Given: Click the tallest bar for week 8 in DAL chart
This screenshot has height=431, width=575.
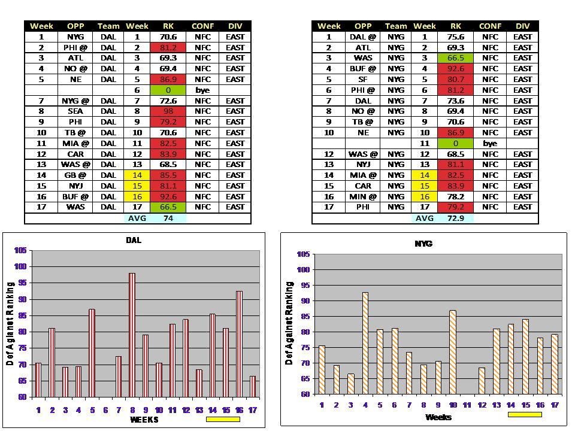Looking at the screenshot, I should point(132,335).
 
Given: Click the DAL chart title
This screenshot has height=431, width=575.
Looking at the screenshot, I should point(134,240).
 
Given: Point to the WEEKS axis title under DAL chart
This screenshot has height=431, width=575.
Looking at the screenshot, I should point(144,420).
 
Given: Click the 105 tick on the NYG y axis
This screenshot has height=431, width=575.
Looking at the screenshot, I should point(302,254).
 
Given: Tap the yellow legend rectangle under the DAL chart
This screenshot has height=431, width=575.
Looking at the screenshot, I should point(223,420).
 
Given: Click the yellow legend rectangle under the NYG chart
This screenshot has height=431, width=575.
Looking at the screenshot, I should point(525,414).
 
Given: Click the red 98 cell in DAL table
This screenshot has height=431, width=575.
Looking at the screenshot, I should point(168,111).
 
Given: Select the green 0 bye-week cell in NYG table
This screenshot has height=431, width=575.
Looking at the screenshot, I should point(456,144).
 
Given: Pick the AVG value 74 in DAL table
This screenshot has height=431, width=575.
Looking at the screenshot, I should point(168,218).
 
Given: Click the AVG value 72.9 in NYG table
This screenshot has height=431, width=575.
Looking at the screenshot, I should point(456,218).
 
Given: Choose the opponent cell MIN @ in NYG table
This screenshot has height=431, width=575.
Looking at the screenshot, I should point(363,196).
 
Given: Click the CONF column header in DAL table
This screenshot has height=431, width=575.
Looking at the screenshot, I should point(202,26).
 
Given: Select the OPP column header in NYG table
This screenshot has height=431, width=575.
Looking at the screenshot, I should point(363,26).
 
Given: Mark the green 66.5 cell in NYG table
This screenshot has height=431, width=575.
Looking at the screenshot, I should point(456,58).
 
